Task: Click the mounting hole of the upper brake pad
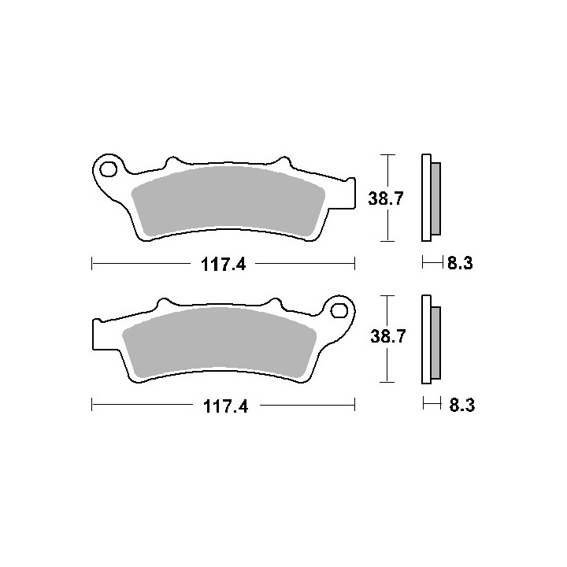109,169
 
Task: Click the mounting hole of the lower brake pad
339,310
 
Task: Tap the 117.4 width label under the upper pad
223,265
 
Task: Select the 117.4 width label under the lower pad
226,406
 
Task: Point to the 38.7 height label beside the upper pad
385,198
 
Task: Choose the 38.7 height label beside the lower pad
388,336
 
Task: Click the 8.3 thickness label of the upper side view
460,263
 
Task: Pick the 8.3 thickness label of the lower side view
462,405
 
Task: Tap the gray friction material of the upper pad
228,200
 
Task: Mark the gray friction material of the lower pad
219,341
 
